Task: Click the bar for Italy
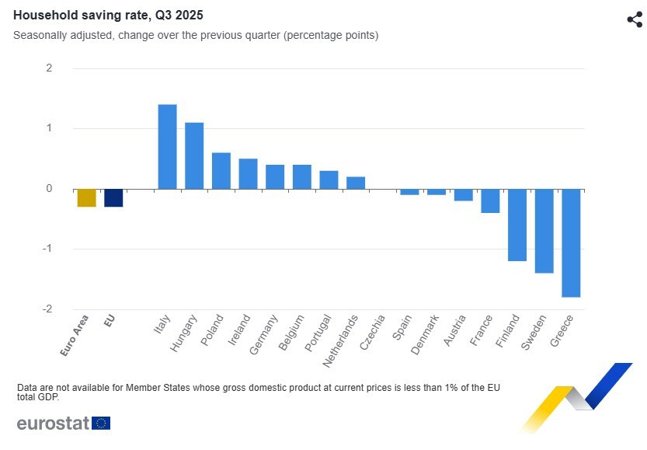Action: (167, 146)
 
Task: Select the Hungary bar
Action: (194, 155)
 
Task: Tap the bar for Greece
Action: (571, 242)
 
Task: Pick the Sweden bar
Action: (544, 231)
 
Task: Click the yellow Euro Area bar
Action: (86, 197)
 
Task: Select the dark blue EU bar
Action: (113, 197)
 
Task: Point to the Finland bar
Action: (517, 225)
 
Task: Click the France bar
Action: (490, 201)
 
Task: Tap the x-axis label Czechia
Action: (373, 332)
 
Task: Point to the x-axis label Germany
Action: (264, 334)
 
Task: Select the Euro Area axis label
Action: (75, 335)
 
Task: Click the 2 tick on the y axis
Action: (49, 68)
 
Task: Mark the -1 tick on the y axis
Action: (47, 249)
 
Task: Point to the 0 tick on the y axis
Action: (49, 189)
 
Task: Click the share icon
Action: (634, 19)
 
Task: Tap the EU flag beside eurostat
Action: (101, 423)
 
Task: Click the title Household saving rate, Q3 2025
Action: (109, 15)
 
